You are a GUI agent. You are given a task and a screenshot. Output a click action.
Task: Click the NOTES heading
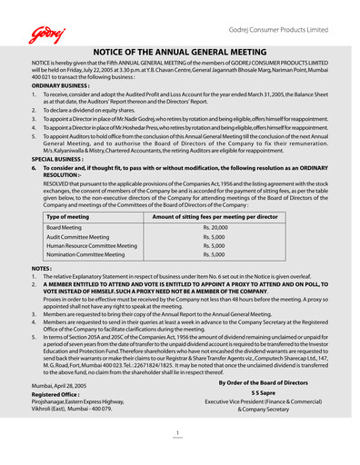pyautogui.click(x=41, y=270)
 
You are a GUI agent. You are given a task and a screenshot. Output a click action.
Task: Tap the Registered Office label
pyautogui.click(x=60, y=395)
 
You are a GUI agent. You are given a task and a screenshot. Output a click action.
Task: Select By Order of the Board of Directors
pyautogui.click(x=264, y=382)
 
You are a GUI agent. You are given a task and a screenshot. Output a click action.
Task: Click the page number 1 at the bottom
pyautogui.click(x=179, y=432)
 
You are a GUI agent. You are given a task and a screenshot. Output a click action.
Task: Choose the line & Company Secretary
pyautogui.click(x=264, y=410)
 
